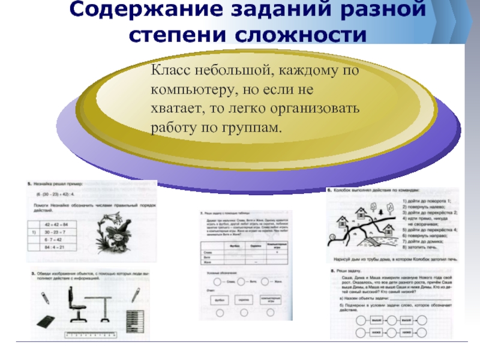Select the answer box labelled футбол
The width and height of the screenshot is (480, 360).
click(220, 301)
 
